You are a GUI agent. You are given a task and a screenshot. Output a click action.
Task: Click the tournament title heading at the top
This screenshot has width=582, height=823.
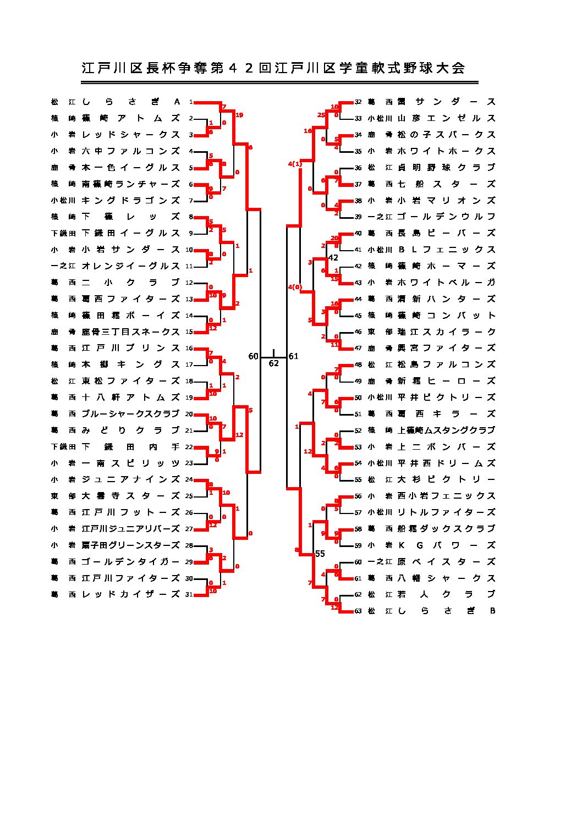pyautogui.click(x=273, y=68)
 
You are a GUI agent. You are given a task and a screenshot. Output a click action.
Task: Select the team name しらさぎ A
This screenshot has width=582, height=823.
pyautogui.click(x=131, y=102)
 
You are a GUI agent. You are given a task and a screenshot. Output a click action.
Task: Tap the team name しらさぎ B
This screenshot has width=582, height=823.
pyautogui.click(x=446, y=611)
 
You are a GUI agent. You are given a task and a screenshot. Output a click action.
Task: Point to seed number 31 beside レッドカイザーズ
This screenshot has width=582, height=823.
pyautogui.click(x=189, y=594)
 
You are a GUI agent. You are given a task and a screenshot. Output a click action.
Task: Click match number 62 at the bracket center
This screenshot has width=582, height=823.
pyautogui.click(x=273, y=363)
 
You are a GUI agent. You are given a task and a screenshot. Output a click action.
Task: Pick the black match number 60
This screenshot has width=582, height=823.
pyautogui.click(x=253, y=356)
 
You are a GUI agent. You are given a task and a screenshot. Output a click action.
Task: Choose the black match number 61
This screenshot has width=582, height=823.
pyautogui.click(x=293, y=356)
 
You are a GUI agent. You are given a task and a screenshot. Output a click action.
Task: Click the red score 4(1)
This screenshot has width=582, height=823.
pyautogui.click(x=295, y=164)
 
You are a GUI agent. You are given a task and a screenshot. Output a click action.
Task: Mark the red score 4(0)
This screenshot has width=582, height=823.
pyautogui.click(x=295, y=287)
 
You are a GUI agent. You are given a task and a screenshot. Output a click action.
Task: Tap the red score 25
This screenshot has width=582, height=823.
pyautogui.click(x=321, y=115)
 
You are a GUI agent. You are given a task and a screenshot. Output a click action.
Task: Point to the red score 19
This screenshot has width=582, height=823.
pyautogui.click(x=239, y=115)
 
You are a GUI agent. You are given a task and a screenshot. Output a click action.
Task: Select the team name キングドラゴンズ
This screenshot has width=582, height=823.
pyautogui.click(x=131, y=201)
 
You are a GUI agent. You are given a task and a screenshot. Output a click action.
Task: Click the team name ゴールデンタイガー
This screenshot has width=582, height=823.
pyautogui.click(x=131, y=562)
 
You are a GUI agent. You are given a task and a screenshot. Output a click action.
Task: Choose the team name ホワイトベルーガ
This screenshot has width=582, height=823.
pyautogui.click(x=446, y=283)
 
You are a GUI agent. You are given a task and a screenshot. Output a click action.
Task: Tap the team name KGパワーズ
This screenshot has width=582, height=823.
pyautogui.click(x=446, y=545)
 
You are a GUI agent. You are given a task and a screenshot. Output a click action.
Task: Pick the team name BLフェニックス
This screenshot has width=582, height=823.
pyautogui.click(x=446, y=250)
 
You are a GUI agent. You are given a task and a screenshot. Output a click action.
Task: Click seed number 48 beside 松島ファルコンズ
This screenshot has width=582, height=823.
pyautogui.click(x=358, y=364)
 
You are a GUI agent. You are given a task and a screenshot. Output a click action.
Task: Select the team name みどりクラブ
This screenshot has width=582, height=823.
pyautogui.click(x=131, y=430)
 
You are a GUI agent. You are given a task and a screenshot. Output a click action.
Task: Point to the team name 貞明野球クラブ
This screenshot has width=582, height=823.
pyautogui.click(x=446, y=168)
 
